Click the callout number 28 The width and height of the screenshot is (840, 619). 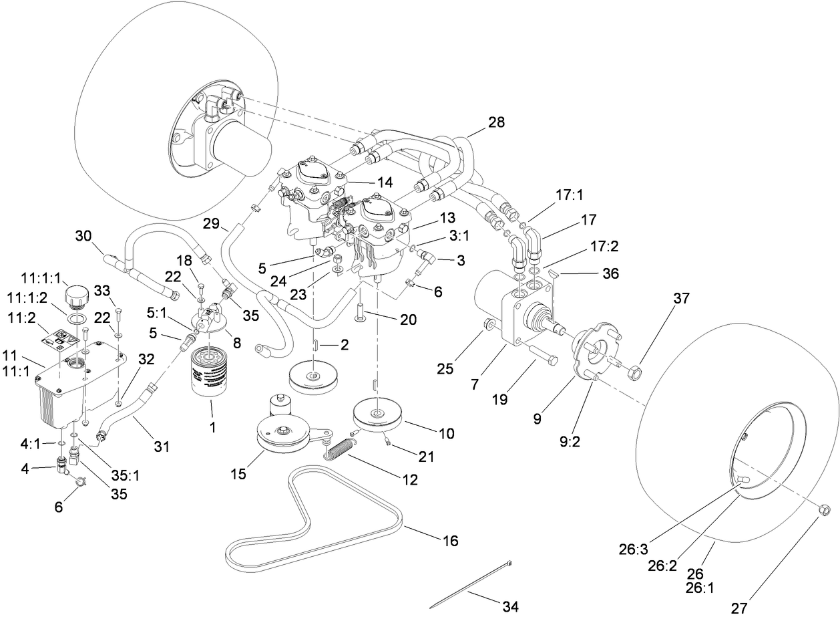coord(496,122)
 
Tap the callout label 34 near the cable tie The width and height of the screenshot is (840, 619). coord(510,607)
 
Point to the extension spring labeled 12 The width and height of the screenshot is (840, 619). coord(342,447)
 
